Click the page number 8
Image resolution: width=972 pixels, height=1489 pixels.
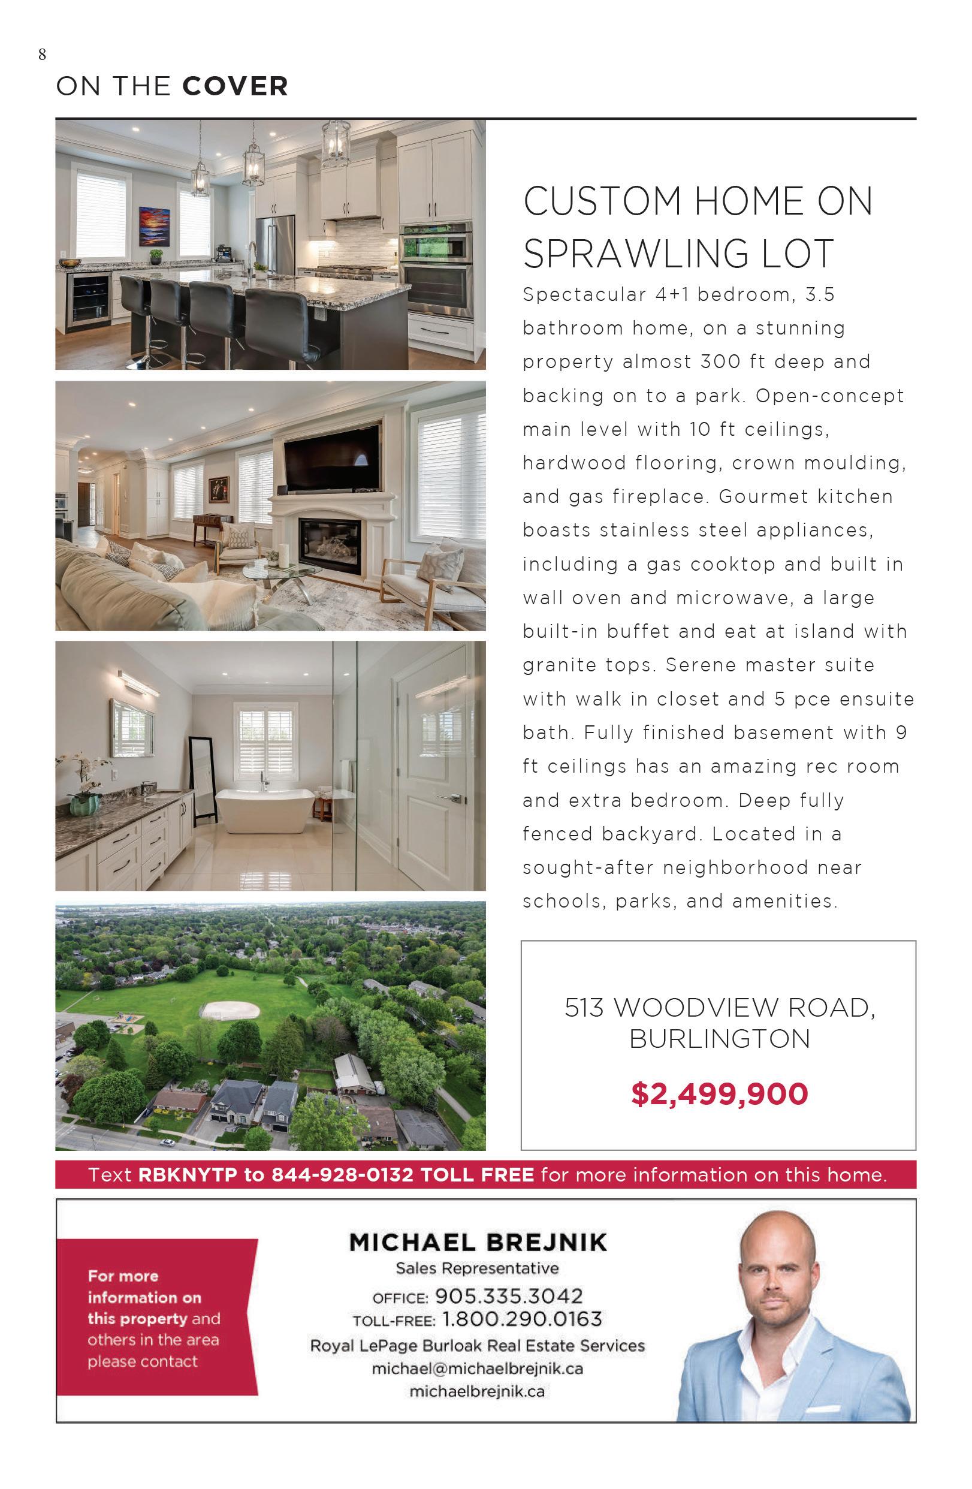coord(42,55)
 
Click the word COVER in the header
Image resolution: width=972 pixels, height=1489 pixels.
coord(235,86)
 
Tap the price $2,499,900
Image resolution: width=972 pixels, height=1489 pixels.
coord(719,1093)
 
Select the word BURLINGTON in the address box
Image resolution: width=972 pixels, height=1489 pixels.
coord(719,1039)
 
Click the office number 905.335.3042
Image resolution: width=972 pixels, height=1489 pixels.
coord(509,1295)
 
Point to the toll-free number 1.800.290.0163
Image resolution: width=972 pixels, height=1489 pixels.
coord(521,1319)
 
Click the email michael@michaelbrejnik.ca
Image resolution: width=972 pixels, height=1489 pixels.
coord(477,1369)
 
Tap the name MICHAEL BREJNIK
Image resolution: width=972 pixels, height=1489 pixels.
coord(478,1243)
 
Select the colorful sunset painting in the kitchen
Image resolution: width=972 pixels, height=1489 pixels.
coord(154,227)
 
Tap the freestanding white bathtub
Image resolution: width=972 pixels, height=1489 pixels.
coord(265,810)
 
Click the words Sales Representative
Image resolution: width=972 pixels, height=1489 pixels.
coord(477,1269)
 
